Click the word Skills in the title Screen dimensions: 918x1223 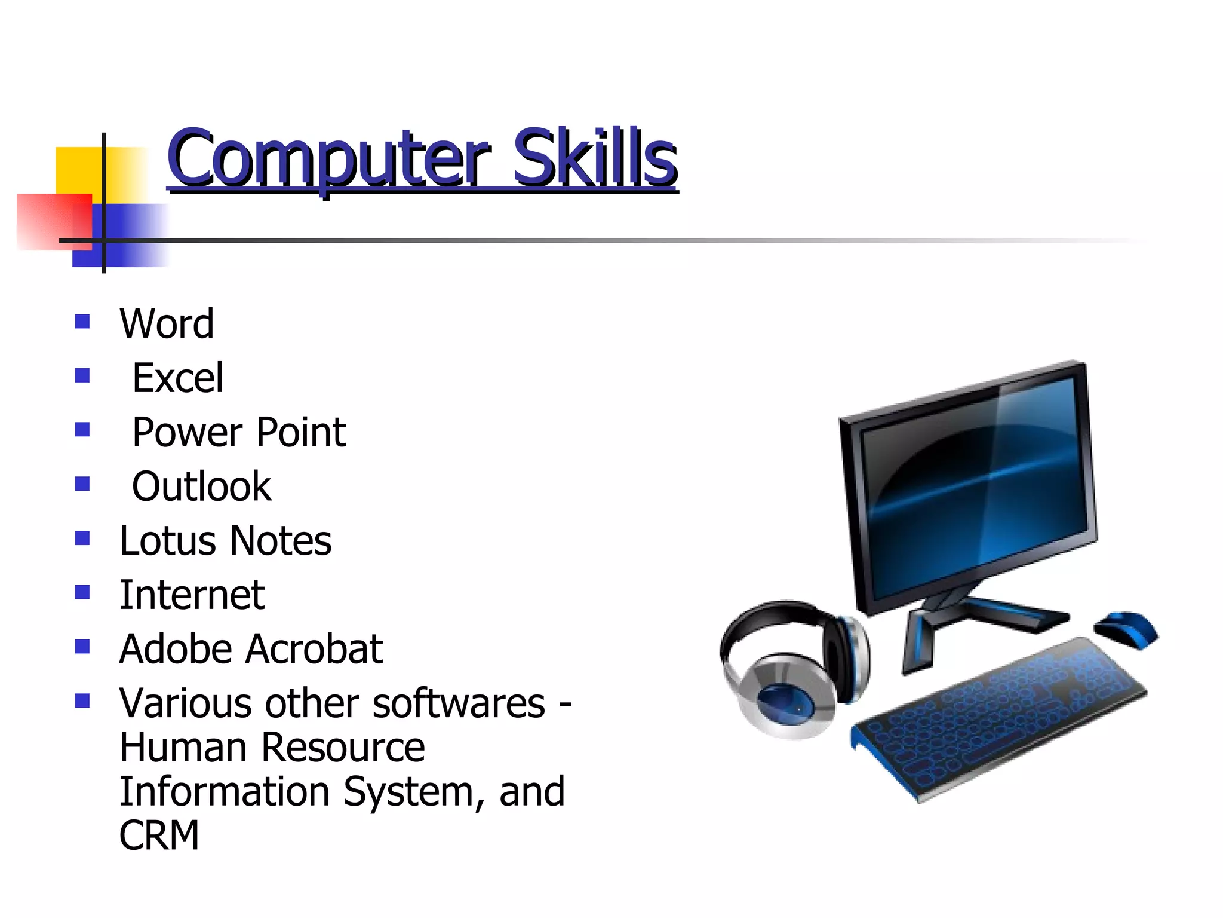595,158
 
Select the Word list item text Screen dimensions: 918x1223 167,323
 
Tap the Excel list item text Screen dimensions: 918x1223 178,378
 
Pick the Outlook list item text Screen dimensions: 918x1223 201,486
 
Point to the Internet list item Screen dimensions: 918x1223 192,595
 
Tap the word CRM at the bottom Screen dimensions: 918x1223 159,835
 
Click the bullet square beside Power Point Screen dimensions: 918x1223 82,430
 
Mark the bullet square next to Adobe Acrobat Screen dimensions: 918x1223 82,647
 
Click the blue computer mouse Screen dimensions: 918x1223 1126,629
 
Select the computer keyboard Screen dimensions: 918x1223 997,717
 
